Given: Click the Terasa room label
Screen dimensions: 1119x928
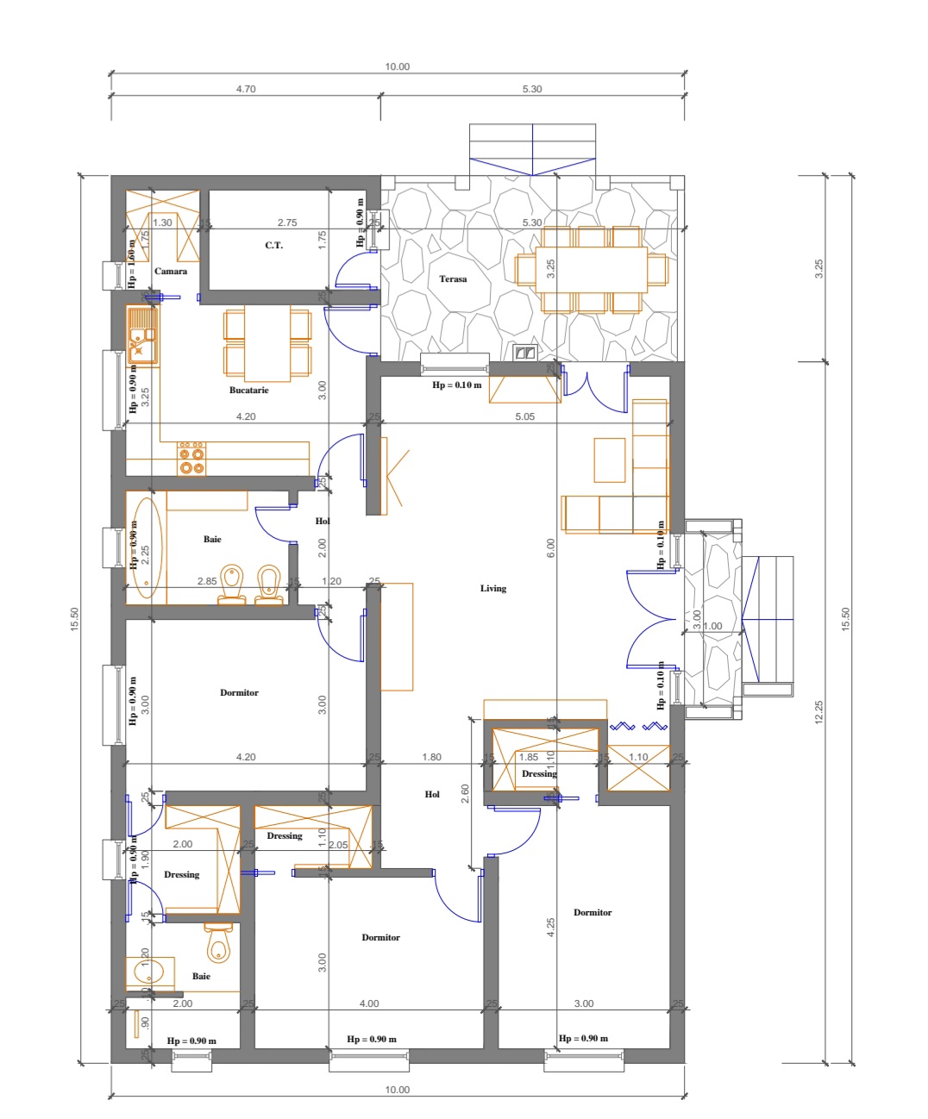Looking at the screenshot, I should click(x=453, y=279).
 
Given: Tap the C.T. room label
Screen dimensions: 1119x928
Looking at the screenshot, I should click(x=273, y=246).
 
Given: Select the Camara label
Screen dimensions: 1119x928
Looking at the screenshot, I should click(x=171, y=272).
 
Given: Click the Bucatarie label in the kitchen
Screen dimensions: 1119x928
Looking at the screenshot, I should click(x=248, y=391).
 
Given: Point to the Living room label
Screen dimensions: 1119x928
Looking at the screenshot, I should click(x=493, y=589).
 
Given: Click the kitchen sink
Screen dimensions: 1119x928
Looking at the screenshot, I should click(x=142, y=335).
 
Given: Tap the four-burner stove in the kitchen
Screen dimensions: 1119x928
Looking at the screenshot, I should click(x=191, y=459).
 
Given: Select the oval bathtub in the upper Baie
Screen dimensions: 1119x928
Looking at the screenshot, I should click(x=146, y=548).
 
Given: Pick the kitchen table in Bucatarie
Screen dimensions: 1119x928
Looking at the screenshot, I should click(x=267, y=343).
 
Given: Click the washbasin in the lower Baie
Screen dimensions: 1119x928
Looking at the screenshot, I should click(x=148, y=974).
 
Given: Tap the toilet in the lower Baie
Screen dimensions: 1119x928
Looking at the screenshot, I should click(x=219, y=945).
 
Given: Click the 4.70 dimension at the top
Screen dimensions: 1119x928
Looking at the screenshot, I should click(x=246, y=89).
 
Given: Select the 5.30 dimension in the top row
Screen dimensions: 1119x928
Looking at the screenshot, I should click(x=532, y=89).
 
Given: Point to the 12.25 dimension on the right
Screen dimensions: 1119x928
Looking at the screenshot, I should click(x=818, y=711).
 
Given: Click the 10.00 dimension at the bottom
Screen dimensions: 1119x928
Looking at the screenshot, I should click(x=398, y=1090).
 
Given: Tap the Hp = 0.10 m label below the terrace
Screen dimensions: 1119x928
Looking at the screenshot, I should click(x=457, y=385).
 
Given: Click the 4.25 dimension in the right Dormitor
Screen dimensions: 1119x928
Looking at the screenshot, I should click(x=551, y=928).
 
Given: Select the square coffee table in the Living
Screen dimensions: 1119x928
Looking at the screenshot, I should click(x=610, y=459).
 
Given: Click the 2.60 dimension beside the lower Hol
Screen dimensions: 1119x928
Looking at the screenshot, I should click(x=466, y=794).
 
